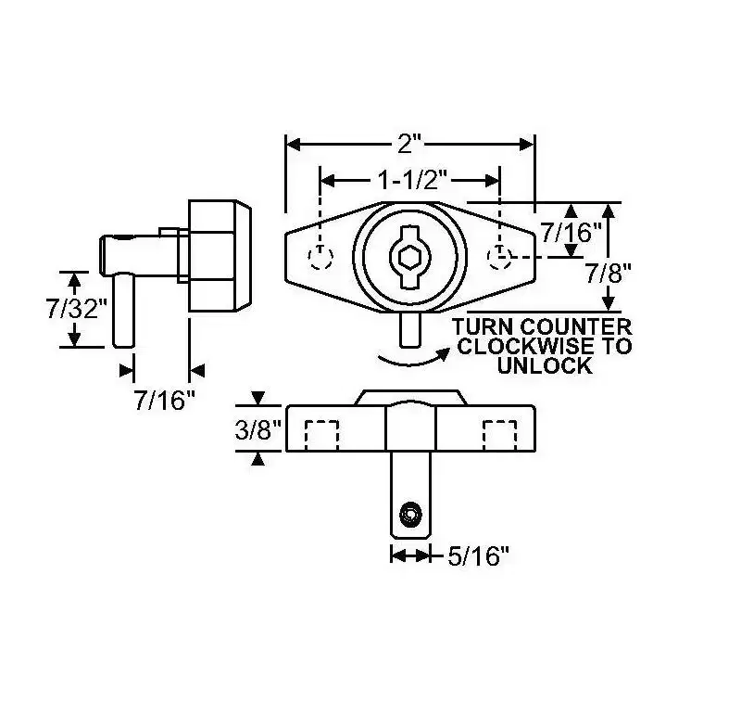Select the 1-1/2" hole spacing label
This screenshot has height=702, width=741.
(412, 180)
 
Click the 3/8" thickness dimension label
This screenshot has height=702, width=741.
(258, 429)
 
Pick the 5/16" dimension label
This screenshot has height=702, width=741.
(479, 555)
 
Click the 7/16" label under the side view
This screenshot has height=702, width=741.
(165, 401)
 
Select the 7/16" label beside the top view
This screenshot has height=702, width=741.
(571, 232)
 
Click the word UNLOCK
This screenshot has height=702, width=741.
(545, 365)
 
